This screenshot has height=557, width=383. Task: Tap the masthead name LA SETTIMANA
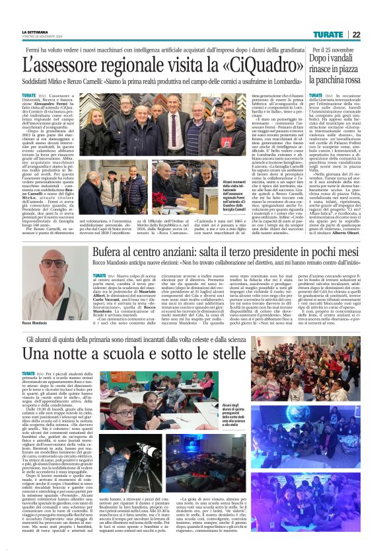tap(34, 32)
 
